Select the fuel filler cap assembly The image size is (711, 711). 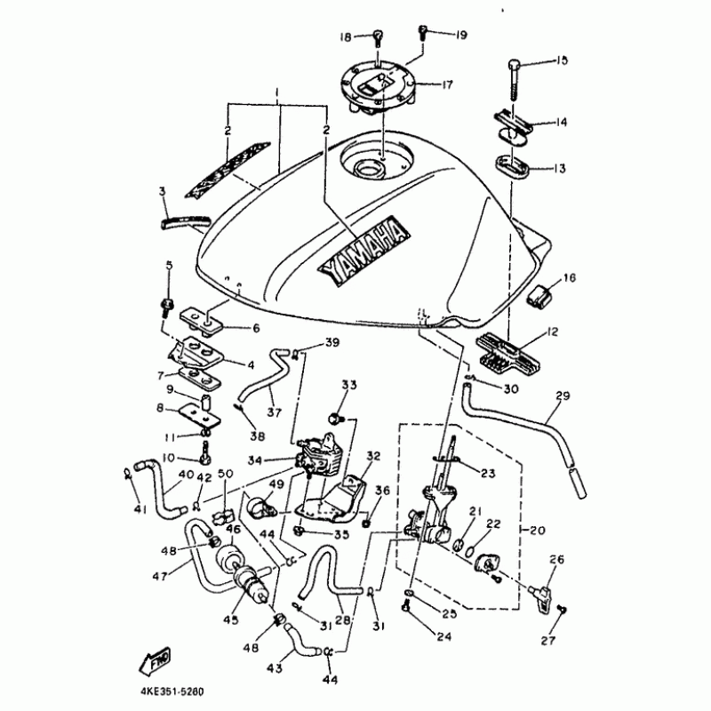coord(379,85)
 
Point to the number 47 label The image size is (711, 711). coord(160,576)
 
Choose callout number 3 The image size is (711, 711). coord(163,191)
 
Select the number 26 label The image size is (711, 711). coord(557,560)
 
